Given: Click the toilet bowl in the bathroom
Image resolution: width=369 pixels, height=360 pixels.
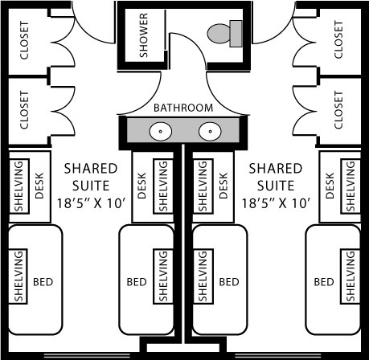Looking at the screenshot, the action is pyautogui.click(x=219, y=34).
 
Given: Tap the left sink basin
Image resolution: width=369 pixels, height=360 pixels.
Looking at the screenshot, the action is pyautogui.click(x=161, y=131).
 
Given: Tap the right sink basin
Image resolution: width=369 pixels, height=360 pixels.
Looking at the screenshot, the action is pyautogui.click(x=210, y=131).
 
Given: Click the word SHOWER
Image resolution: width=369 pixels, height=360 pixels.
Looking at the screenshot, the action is pyautogui.click(x=144, y=35).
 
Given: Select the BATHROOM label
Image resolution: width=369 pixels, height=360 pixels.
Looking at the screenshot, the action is pyautogui.click(x=183, y=108).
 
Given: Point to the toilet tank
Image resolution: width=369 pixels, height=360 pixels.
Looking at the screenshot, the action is pyautogui.click(x=236, y=34).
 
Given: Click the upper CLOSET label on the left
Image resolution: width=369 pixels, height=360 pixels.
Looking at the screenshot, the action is pyautogui.click(x=24, y=40).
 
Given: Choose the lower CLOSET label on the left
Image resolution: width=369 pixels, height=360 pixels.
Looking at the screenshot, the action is pyautogui.click(x=24, y=110).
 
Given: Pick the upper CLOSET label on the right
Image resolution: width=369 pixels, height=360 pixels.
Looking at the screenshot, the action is pyautogui.click(x=338, y=39).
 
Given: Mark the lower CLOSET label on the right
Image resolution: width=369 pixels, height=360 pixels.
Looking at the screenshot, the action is pyautogui.click(x=338, y=110).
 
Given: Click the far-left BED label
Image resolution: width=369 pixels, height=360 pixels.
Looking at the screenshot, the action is pyautogui.click(x=43, y=282).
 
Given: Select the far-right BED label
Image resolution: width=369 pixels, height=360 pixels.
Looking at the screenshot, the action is pyautogui.click(x=324, y=282).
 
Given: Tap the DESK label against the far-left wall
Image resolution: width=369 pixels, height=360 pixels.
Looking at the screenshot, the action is pyautogui.click(x=39, y=186).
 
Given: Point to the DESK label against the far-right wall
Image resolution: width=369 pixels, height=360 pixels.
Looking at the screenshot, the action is pyautogui.click(x=330, y=186).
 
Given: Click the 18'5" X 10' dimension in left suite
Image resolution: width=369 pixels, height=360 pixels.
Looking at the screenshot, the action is pyautogui.click(x=91, y=203).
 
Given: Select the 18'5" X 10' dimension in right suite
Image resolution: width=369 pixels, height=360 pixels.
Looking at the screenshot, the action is pyautogui.click(x=276, y=203).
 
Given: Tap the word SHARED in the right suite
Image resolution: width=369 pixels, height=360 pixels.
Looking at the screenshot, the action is pyautogui.click(x=276, y=169).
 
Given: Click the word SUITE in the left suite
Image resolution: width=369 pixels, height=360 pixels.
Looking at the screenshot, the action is pyautogui.click(x=91, y=186).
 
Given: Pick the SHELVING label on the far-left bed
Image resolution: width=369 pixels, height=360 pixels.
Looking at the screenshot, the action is pyautogui.click(x=18, y=276).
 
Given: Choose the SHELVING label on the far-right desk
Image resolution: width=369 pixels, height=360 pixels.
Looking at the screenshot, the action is pyautogui.click(x=351, y=186).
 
